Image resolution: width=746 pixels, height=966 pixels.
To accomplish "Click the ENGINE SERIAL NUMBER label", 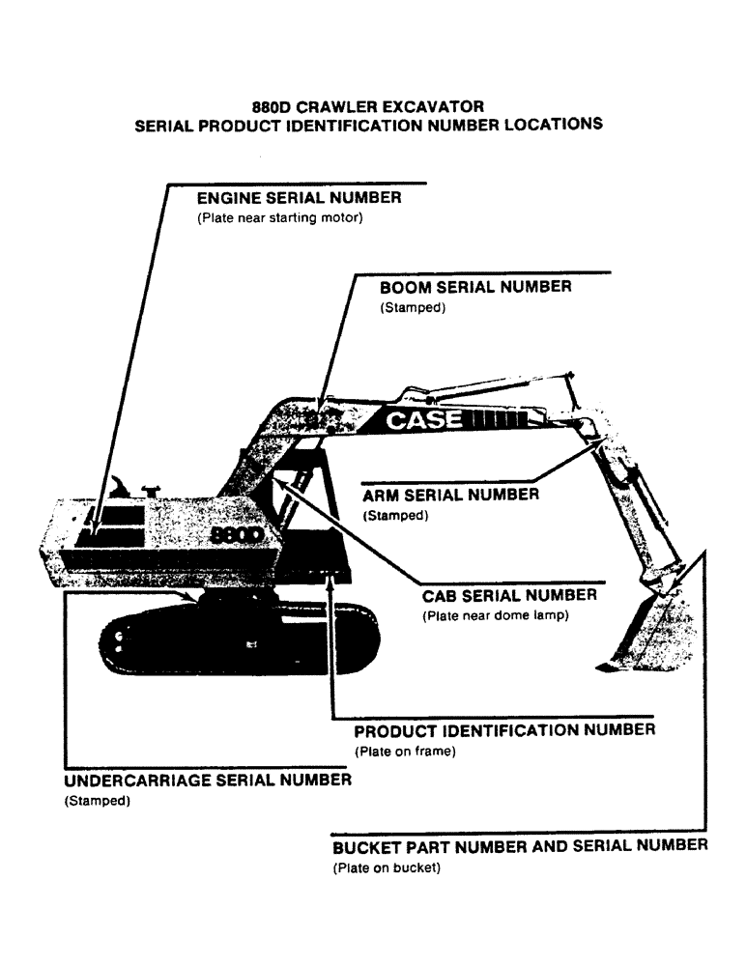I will tap(299, 199).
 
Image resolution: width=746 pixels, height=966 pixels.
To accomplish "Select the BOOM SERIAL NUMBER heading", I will tap(474, 288).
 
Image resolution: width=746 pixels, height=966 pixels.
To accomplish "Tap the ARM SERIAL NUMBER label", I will tap(450, 496).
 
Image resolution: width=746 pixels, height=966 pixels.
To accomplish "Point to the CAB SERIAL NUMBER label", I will tap(509, 596).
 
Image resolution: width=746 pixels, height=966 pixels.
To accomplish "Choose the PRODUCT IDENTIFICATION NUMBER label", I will tap(504, 730).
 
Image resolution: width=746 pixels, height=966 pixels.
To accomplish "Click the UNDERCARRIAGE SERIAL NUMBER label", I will tap(207, 781).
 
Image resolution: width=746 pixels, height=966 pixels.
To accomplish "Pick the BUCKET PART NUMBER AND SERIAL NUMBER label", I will tap(519, 847).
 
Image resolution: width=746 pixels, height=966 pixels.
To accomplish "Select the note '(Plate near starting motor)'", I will tap(279, 219).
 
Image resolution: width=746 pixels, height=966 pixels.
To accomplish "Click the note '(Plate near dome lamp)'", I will tap(493, 617).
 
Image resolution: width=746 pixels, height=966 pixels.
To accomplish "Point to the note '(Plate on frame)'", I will tap(405, 752).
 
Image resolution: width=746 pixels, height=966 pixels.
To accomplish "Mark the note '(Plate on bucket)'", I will tap(386, 868).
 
